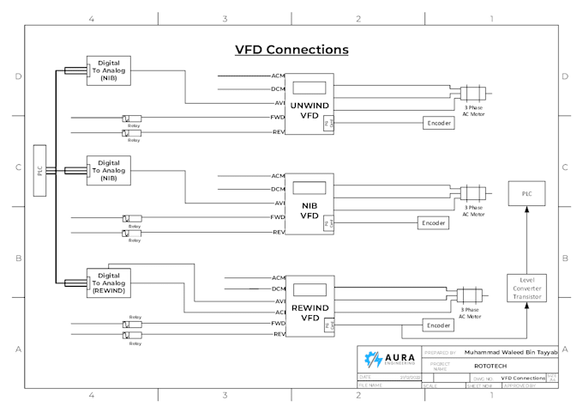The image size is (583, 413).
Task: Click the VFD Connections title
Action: pos(291,50)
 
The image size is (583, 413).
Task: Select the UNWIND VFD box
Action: pos(310,104)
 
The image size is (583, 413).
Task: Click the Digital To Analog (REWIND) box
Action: pos(109,282)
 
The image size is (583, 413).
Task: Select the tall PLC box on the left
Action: pos(39,171)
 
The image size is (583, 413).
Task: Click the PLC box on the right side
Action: pos(526,194)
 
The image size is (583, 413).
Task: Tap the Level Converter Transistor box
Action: pos(526,288)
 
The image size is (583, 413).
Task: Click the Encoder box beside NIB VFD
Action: pos(433,223)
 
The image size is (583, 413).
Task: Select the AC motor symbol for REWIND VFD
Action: pos(469,295)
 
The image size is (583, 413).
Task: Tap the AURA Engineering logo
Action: pos(388,359)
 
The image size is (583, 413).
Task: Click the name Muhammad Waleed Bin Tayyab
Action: pos(510,352)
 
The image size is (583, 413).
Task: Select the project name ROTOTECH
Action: pos(488,365)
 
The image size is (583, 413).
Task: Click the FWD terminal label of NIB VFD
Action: pos(279,217)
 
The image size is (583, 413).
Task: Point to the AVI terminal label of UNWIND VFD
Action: pos(279,102)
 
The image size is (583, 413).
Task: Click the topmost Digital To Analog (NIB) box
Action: pos(109,70)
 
